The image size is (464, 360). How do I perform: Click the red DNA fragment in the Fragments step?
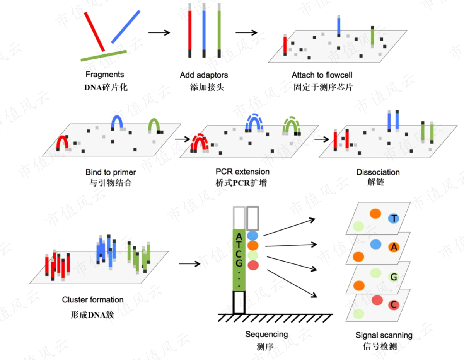coord(94,32)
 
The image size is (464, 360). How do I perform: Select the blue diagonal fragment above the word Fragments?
coord(126,27)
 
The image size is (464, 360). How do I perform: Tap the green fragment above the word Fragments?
coord(104,56)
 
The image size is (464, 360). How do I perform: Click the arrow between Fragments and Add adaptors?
coord(159,32)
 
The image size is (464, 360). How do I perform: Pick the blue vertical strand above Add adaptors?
coord(204,30)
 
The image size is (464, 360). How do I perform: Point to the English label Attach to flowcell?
coord(322,75)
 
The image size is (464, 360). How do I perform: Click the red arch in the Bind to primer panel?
coord(62,142)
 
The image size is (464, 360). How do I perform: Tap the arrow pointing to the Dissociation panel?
coord(322,139)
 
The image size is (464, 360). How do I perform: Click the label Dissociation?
coord(378,172)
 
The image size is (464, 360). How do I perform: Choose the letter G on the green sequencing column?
coord(239,263)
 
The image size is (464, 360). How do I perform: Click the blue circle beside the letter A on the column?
coord(252,236)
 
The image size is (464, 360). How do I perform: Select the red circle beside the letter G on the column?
coord(253,265)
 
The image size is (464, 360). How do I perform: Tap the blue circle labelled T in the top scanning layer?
coord(394,218)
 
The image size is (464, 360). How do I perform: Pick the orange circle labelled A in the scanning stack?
coord(394,247)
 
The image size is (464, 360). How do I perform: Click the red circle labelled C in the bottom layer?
coord(394,305)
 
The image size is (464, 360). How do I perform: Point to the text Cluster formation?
coord(93,300)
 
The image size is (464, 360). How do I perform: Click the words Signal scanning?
coord(384,335)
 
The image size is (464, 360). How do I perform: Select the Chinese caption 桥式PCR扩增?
coord(241,183)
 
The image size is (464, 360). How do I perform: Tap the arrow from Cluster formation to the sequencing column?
coord(189,264)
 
